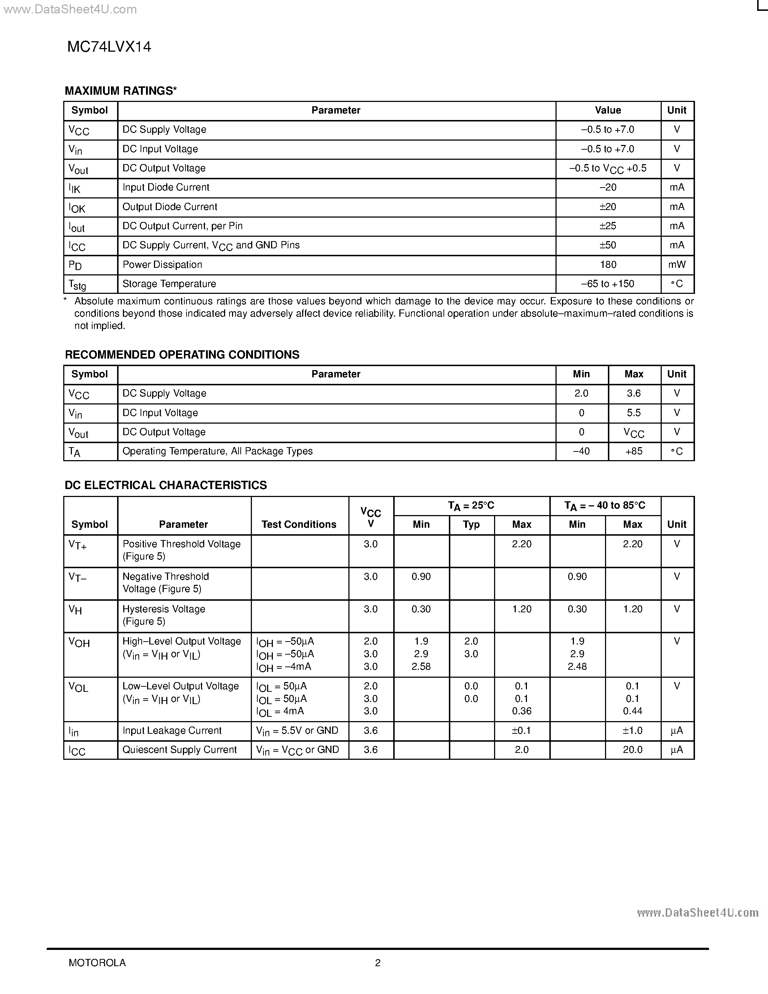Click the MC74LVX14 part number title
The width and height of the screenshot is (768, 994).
pos(109,47)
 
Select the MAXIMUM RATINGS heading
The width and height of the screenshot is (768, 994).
pos(121,91)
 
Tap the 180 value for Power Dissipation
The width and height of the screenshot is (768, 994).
pos(608,265)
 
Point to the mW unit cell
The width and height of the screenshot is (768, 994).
pos(677,265)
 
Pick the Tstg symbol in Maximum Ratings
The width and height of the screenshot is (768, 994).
pos(77,284)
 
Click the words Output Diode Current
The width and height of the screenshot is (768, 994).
pos(170,207)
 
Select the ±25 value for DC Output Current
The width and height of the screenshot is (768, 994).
pos(608,226)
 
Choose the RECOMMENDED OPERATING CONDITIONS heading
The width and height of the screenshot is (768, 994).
pos(182,355)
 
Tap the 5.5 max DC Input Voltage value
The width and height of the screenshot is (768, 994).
pos(634,413)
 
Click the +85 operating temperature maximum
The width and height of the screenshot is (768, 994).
pos(634,451)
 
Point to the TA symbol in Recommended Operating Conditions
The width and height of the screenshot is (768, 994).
pos(74,452)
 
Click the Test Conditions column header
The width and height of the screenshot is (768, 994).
pos(299,524)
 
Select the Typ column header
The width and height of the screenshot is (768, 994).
pos(471,524)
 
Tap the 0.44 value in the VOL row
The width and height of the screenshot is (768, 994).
pos(632,711)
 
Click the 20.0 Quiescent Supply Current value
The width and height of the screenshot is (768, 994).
pos(632,750)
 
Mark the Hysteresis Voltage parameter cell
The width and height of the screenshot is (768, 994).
pos(164,615)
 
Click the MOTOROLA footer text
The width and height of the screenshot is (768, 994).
pos(97,963)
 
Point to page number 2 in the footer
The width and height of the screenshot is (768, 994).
pos(378,963)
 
